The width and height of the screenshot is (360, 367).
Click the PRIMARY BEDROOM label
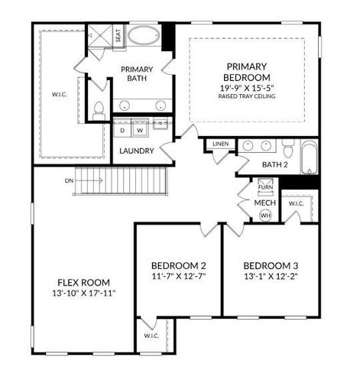247,72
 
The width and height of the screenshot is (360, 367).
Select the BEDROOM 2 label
178,265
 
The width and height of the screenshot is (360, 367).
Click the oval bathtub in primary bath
143,35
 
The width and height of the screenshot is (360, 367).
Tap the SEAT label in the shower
118,35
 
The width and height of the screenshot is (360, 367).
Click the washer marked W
140,130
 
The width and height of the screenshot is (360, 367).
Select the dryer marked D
123,130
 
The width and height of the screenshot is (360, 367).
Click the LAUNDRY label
137,151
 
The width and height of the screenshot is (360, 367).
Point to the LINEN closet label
221,144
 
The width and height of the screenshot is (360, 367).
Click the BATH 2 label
274,164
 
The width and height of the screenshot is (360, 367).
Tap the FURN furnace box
264,187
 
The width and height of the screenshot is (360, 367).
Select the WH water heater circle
266,216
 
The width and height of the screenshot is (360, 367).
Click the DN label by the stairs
69,180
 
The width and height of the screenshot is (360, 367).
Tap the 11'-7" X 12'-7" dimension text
178,276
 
